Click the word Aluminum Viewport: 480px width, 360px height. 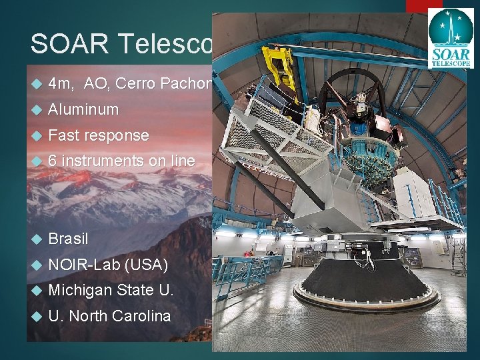[83, 109]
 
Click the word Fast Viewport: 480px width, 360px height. [63, 135]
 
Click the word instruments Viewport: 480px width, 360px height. [103, 161]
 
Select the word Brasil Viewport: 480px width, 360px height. [68, 239]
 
